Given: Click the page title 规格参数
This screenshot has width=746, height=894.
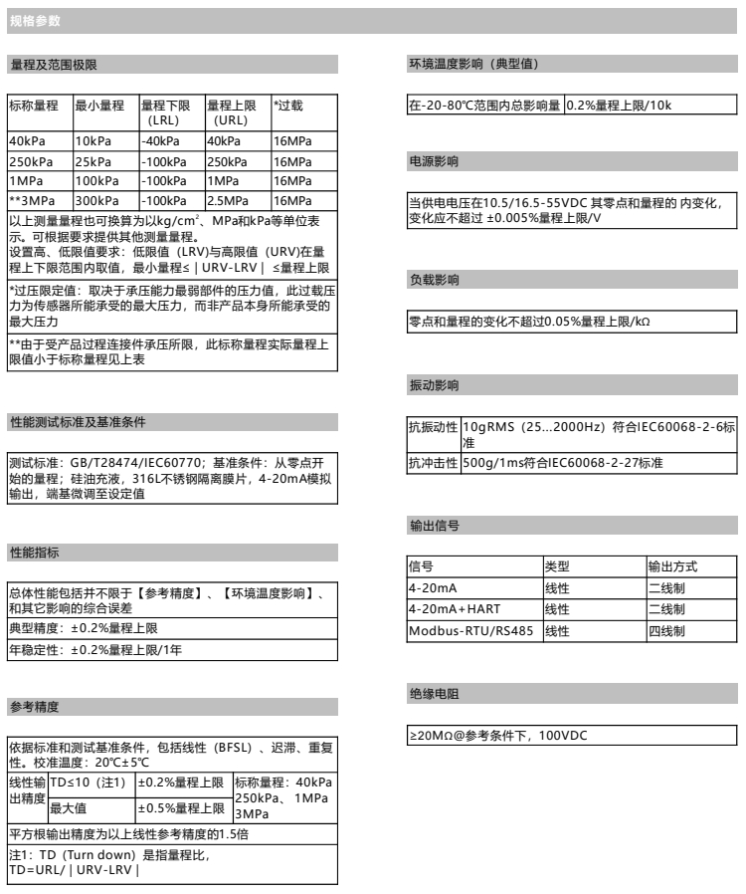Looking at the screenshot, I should tap(28, 21).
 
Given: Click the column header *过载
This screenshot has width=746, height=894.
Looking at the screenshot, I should tap(288, 105).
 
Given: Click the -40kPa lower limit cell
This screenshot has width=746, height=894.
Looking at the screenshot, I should tap(157, 140).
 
